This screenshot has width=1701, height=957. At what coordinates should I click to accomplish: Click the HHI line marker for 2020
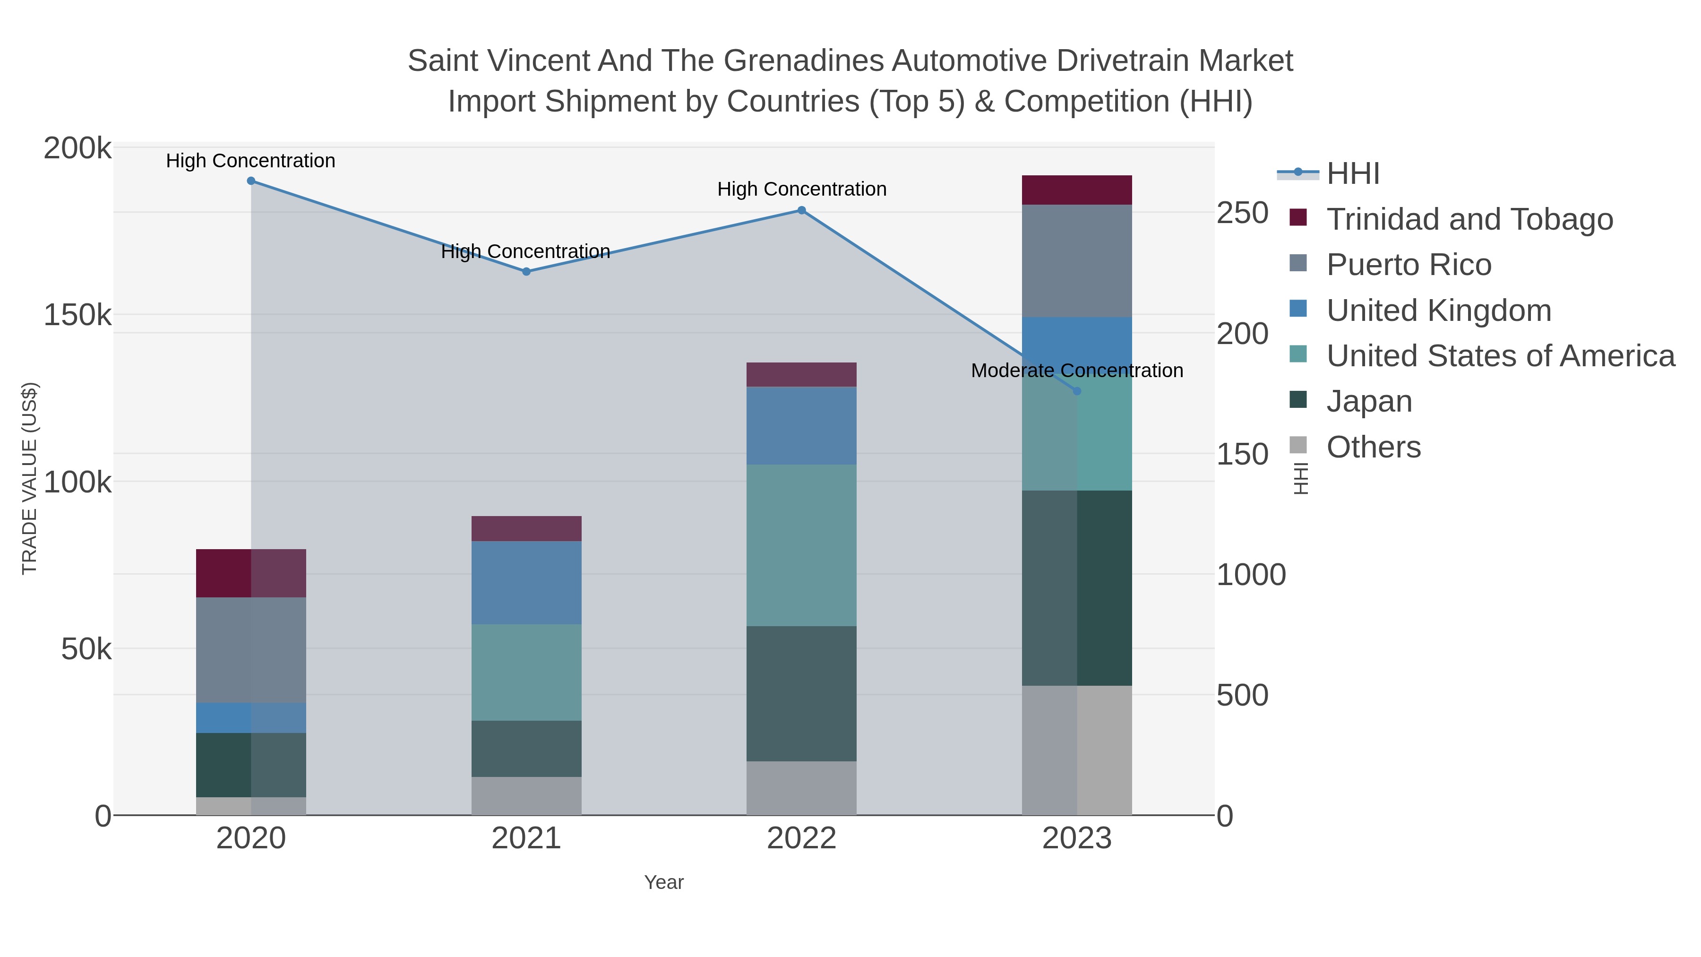click(x=251, y=181)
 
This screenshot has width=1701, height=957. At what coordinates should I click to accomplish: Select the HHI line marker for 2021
click(x=526, y=271)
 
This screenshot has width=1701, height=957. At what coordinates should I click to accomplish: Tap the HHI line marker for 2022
click(x=802, y=211)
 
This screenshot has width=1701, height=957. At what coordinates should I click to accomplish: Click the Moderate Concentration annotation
click(x=1077, y=371)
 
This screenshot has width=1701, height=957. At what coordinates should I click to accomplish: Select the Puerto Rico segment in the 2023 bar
click(x=1077, y=261)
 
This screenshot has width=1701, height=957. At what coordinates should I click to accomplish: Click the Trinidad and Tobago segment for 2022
click(x=802, y=374)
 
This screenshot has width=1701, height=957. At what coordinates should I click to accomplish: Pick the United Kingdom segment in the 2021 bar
click(x=526, y=583)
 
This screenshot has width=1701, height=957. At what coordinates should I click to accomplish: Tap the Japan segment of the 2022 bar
click(x=802, y=693)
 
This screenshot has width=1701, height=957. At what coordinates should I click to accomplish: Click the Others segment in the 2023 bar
click(x=1077, y=750)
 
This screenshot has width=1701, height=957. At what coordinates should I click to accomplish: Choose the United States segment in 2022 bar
click(x=802, y=545)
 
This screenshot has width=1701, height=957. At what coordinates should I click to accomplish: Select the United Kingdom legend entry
click(x=1438, y=310)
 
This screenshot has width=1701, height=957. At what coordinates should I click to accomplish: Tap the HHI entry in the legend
click(x=1352, y=174)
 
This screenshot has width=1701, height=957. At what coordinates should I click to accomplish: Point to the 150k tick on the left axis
click(x=78, y=316)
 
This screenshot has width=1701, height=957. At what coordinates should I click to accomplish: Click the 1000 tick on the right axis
click(x=1251, y=575)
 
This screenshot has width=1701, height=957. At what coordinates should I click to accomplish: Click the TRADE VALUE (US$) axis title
click(x=30, y=478)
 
